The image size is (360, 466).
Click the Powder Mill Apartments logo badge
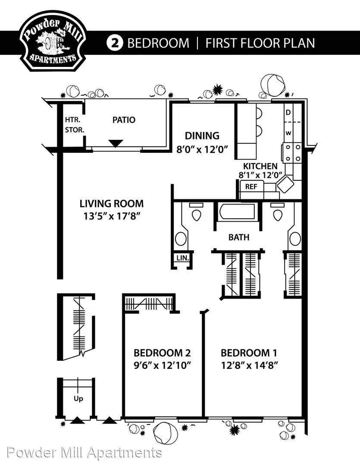coord(53,41)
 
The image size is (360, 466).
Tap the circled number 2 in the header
coord(114,43)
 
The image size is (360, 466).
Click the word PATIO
coord(124,120)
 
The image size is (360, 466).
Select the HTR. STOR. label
coord(75,125)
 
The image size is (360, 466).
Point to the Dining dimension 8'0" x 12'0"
coord(202,149)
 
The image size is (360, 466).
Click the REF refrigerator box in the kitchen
coord(251,187)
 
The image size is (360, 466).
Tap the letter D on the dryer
coord(288,113)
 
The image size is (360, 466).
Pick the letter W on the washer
coord(288,133)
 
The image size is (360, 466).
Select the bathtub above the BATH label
coord(237,211)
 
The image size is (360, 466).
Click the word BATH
coord(239,237)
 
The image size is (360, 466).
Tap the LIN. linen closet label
coord(182,258)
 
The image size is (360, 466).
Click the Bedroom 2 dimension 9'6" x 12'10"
coord(162,365)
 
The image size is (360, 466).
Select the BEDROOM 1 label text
coord(249,353)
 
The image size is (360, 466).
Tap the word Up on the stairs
coord(78,399)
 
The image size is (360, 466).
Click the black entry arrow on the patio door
coord(116,143)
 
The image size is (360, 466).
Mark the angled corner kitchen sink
coord(285,184)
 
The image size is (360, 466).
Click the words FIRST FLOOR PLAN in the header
coord(260,43)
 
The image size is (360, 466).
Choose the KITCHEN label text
coord(260,166)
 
